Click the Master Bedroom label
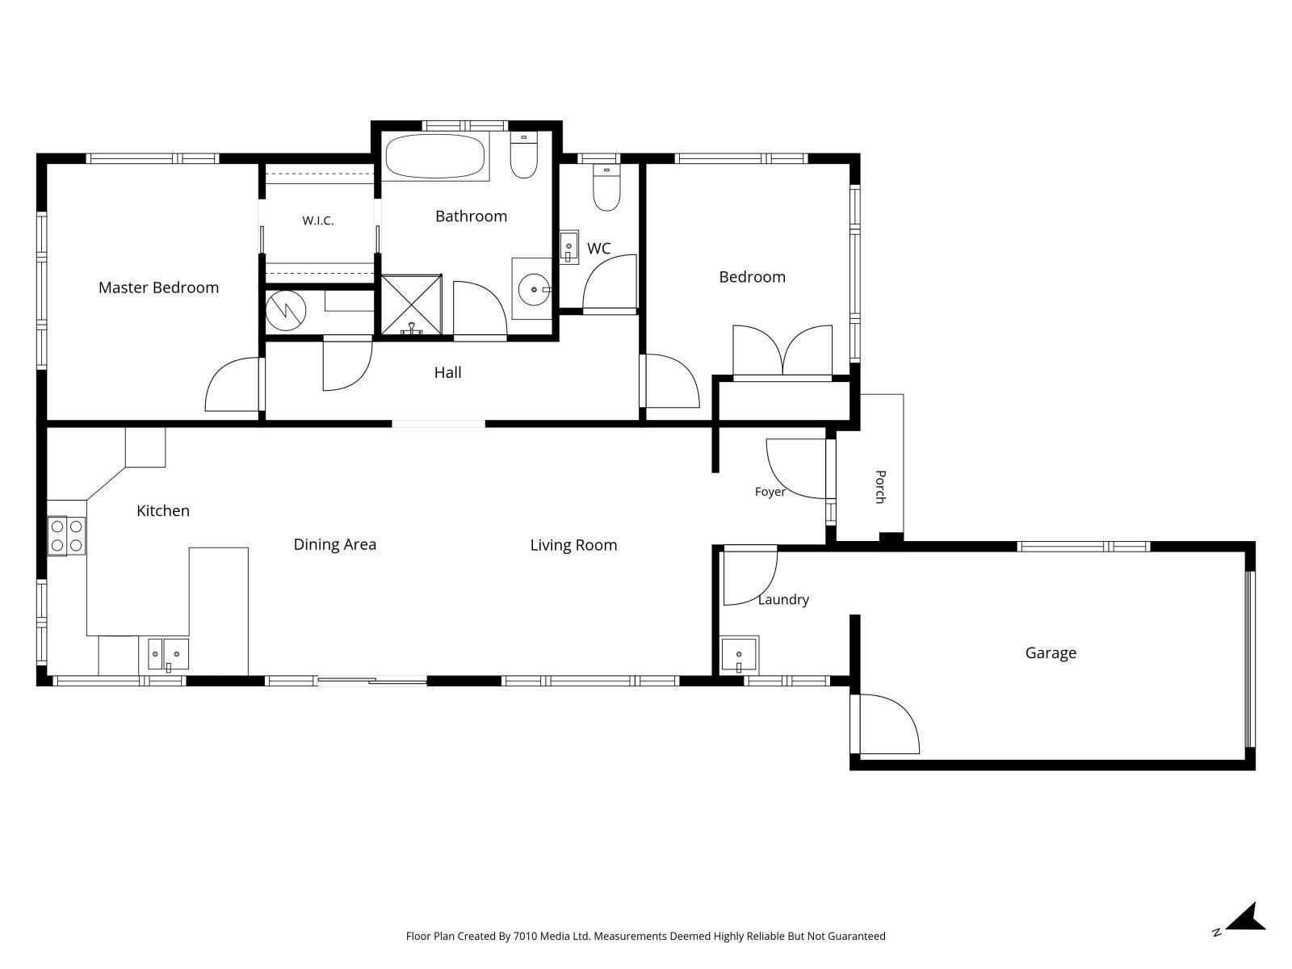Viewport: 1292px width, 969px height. (x=158, y=287)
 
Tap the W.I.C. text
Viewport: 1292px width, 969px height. (x=318, y=220)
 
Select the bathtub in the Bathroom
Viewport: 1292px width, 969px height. (x=435, y=156)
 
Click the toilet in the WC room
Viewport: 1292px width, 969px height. (x=606, y=187)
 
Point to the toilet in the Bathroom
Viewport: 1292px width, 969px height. (x=523, y=155)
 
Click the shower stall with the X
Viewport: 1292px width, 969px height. (x=412, y=304)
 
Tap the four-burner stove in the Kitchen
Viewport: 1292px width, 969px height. (x=66, y=536)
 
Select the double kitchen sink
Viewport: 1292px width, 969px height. (x=168, y=654)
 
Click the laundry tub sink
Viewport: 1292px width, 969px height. (x=740, y=654)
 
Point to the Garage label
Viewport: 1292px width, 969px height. (x=1051, y=653)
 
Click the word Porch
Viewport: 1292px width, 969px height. (x=880, y=487)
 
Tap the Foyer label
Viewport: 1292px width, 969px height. (x=770, y=492)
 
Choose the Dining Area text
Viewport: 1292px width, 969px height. (x=335, y=545)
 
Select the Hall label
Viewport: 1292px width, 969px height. (x=447, y=372)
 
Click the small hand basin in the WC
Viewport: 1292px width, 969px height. (x=568, y=246)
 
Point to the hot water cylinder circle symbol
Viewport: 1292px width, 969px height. (x=286, y=310)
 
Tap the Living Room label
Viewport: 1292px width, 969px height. (x=573, y=545)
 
